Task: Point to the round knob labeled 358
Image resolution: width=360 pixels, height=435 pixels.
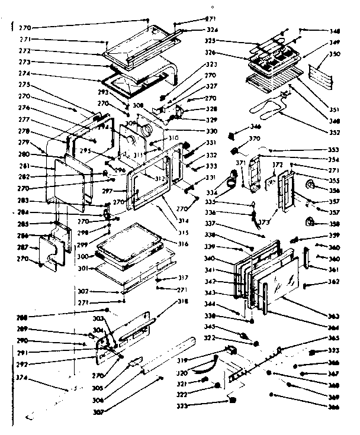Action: pos(308,223)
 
